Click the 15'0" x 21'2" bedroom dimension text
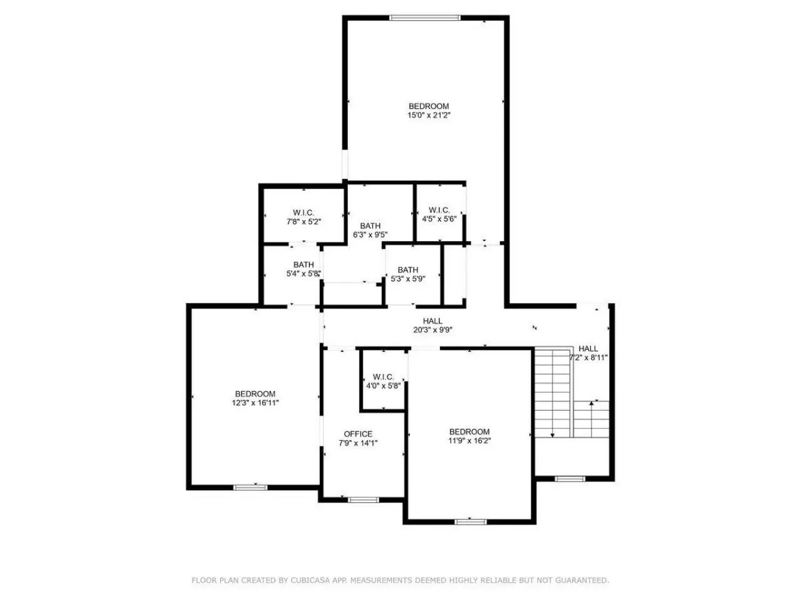(x=429, y=115)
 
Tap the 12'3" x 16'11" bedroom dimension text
(x=255, y=403)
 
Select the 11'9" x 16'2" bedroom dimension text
(x=469, y=441)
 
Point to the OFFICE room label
(x=358, y=434)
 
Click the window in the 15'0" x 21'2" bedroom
(x=424, y=18)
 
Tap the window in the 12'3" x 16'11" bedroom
(x=250, y=487)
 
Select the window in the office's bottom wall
(x=363, y=500)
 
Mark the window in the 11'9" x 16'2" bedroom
(x=470, y=522)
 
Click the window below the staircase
(x=569, y=479)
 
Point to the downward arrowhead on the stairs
(x=553, y=435)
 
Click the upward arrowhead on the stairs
(x=591, y=403)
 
